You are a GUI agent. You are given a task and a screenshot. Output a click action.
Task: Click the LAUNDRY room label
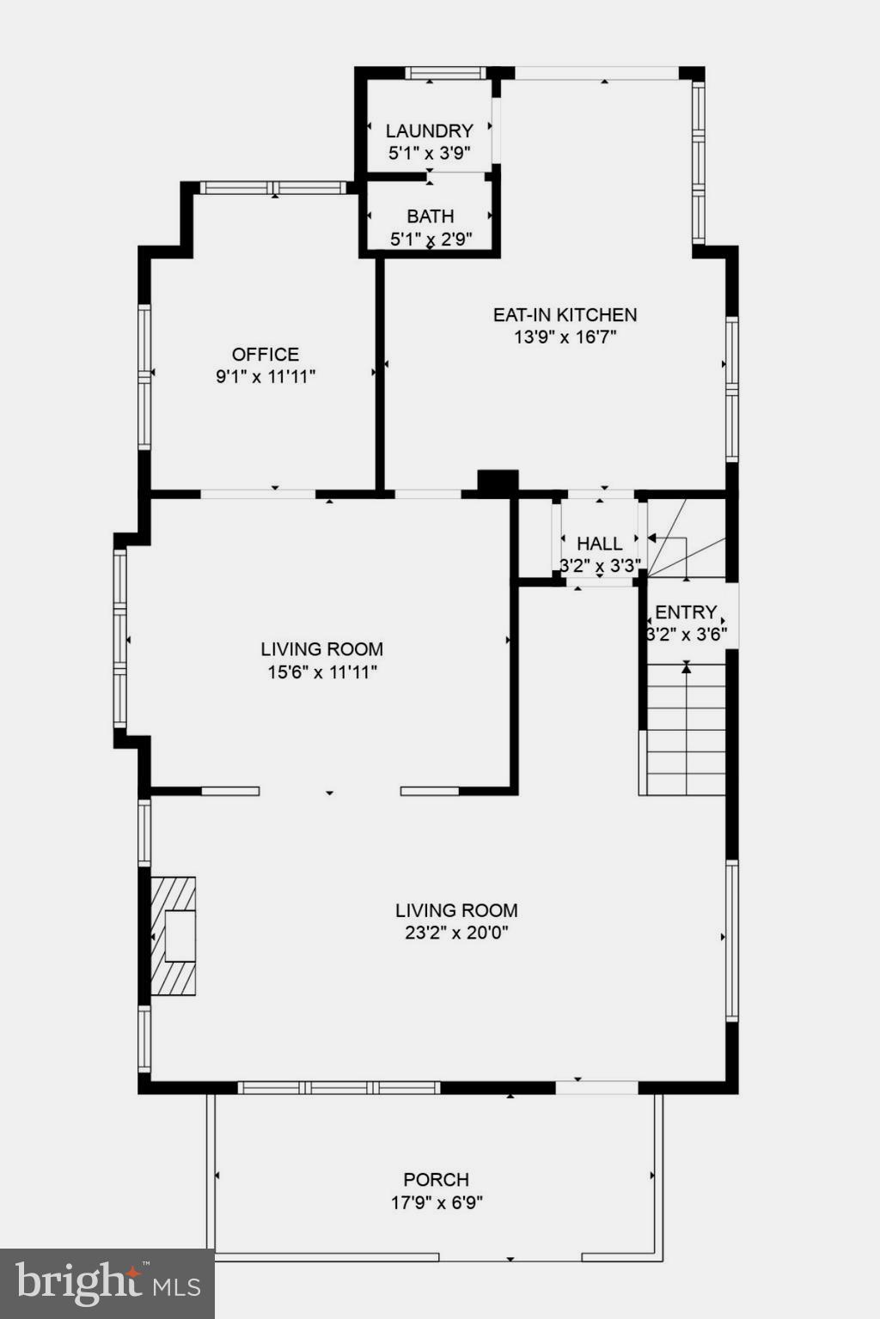click(429, 131)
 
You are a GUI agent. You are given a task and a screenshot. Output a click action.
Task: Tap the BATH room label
click(430, 216)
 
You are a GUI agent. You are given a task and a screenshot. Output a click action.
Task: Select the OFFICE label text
click(266, 354)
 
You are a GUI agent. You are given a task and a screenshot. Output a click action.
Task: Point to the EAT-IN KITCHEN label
click(565, 315)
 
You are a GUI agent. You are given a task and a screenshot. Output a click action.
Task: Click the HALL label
click(599, 544)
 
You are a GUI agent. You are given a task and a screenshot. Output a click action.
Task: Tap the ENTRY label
click(686, 612)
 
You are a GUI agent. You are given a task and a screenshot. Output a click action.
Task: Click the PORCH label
click(437, 1180)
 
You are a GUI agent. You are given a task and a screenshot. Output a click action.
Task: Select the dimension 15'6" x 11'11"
click(322, 672)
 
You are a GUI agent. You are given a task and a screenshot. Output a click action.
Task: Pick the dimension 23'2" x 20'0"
click(456, 933)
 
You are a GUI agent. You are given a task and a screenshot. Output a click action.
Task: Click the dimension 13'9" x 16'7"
click(565, 337)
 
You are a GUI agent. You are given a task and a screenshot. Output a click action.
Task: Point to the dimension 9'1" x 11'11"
click(266, 376)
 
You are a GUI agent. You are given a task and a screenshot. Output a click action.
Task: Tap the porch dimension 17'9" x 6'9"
click(437, 1202)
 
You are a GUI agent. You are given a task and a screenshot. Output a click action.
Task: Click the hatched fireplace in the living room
click(174, 935)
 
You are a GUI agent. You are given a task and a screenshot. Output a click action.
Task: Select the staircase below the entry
click(685, 730)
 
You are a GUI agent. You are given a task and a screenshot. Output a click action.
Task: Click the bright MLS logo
click(107, 1284)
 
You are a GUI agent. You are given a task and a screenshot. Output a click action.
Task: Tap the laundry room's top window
click(446, 73)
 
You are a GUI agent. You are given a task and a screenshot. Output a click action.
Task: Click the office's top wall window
click(273, 187)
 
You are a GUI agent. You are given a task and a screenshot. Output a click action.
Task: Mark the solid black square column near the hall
click(498, 483)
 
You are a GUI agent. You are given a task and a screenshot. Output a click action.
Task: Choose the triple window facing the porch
click(339, 1087)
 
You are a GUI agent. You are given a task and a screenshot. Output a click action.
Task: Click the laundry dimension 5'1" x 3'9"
click(429, 153)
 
